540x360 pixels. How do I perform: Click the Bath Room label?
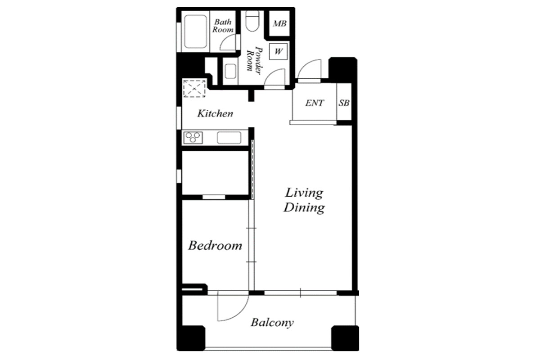(x=223, y=26)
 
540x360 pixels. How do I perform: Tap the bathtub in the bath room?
(x=195, y=31)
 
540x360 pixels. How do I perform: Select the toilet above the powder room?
(x=252, y=21)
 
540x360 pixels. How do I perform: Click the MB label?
(x=279, y=24)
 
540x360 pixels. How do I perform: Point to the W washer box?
(x=279, y=51)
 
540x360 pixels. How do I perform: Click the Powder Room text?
(x=255, y=60)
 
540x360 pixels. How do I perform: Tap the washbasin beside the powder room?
(x=230, y=71)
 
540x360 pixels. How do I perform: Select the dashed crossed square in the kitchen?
(x=194, y=89)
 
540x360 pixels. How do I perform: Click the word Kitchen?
(x=215, y=113)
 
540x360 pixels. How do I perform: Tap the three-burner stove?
(x=193, y=138)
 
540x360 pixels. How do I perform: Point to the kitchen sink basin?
(x=229, y=138)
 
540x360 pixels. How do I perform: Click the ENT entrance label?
(x=315, y=103)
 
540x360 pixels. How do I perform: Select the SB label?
(x=344, y=103)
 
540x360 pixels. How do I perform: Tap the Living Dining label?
(x=304, y=200)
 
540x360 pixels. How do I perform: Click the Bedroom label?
(x=215, y=246)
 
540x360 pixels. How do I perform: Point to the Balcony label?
(x=272, y=323)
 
